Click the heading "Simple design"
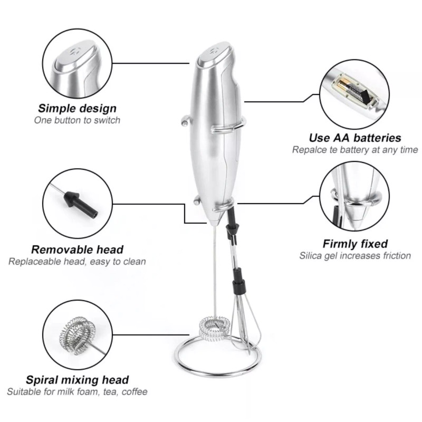pos(77,109)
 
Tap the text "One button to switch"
pos(77,120)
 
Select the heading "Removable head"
pos(77,250)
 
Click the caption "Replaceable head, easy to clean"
pos(77,261)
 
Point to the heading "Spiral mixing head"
pos(77,380)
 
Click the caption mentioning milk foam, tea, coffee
pos(77,392)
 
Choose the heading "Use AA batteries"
pos(355,138)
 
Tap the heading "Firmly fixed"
pos(355,244)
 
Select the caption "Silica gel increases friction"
pos(355,256)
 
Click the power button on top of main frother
pos(214,51)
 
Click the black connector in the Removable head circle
pos(76,203)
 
